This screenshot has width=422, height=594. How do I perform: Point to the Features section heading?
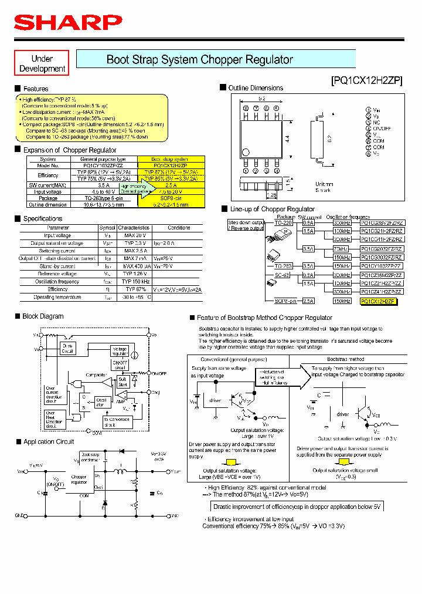click(36, 89)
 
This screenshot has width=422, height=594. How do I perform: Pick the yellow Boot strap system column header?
click(171, 159)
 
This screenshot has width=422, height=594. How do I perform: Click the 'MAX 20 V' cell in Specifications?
click(134, 235)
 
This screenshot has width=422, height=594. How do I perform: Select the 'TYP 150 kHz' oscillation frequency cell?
click(134, 281)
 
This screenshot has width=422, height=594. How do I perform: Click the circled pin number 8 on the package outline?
click(246, 109)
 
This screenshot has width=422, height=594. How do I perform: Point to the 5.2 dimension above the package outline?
click(262, 97)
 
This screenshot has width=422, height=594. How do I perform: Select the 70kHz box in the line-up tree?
click(342, 249)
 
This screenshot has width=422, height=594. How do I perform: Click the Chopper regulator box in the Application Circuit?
click(79, 480)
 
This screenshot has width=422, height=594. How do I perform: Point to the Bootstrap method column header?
click(345, 359)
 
